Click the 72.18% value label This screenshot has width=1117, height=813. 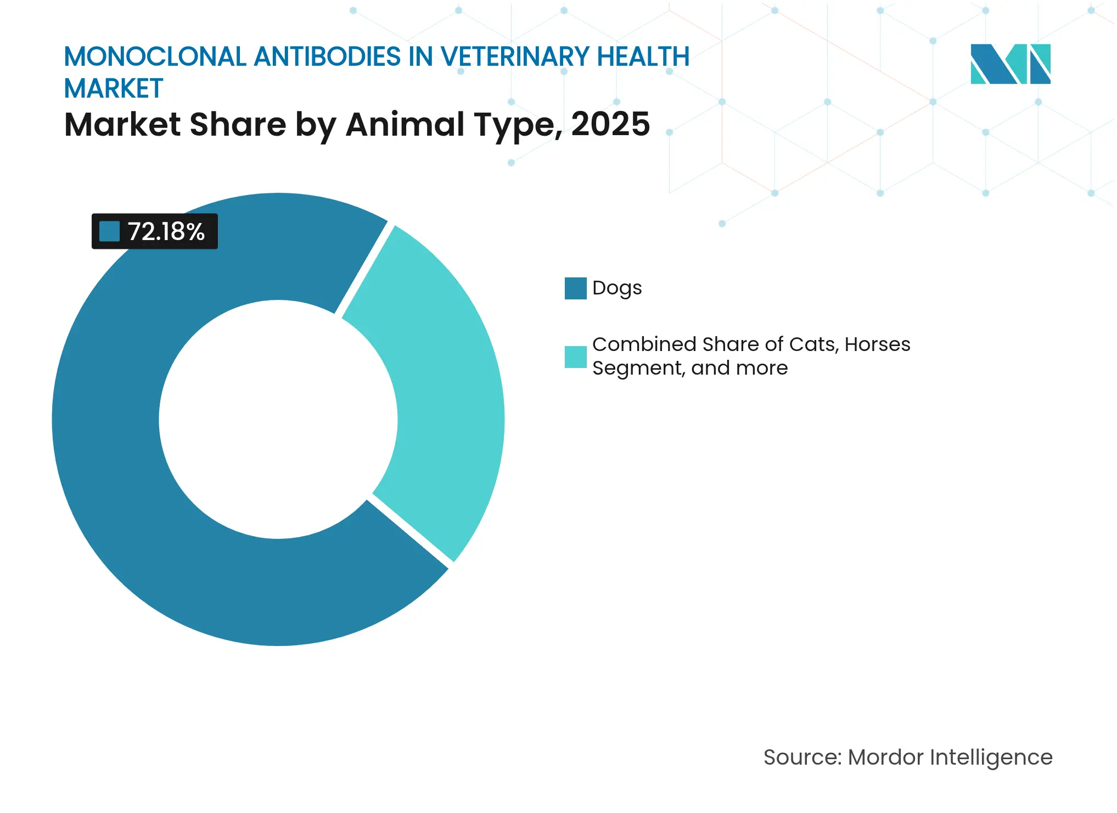pyautogui.click(x=166, y=232)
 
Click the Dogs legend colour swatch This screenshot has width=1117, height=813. pyautogui.click(x=575, y=288)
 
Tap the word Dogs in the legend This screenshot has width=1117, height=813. pyautogui.click(x=617, y=288)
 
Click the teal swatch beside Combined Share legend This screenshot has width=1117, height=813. pyautogui.click(x=575, y=357)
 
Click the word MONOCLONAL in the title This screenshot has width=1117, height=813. pyautogui.click(x=155, y=57)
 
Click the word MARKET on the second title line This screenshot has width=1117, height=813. pyautogui.click(x=114, y=89)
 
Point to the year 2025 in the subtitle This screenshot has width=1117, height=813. pyautogui.click(x=610, y=124)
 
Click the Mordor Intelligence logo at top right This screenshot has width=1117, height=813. pyautogui.click(x=1010, y=64)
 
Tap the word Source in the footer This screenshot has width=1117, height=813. pyautogui.click(x=802, y=758)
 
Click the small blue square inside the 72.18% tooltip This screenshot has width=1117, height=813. pyautogui.click(x=109, y=231)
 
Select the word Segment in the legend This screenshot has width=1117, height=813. pyautogui.click(x=638, y=368)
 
